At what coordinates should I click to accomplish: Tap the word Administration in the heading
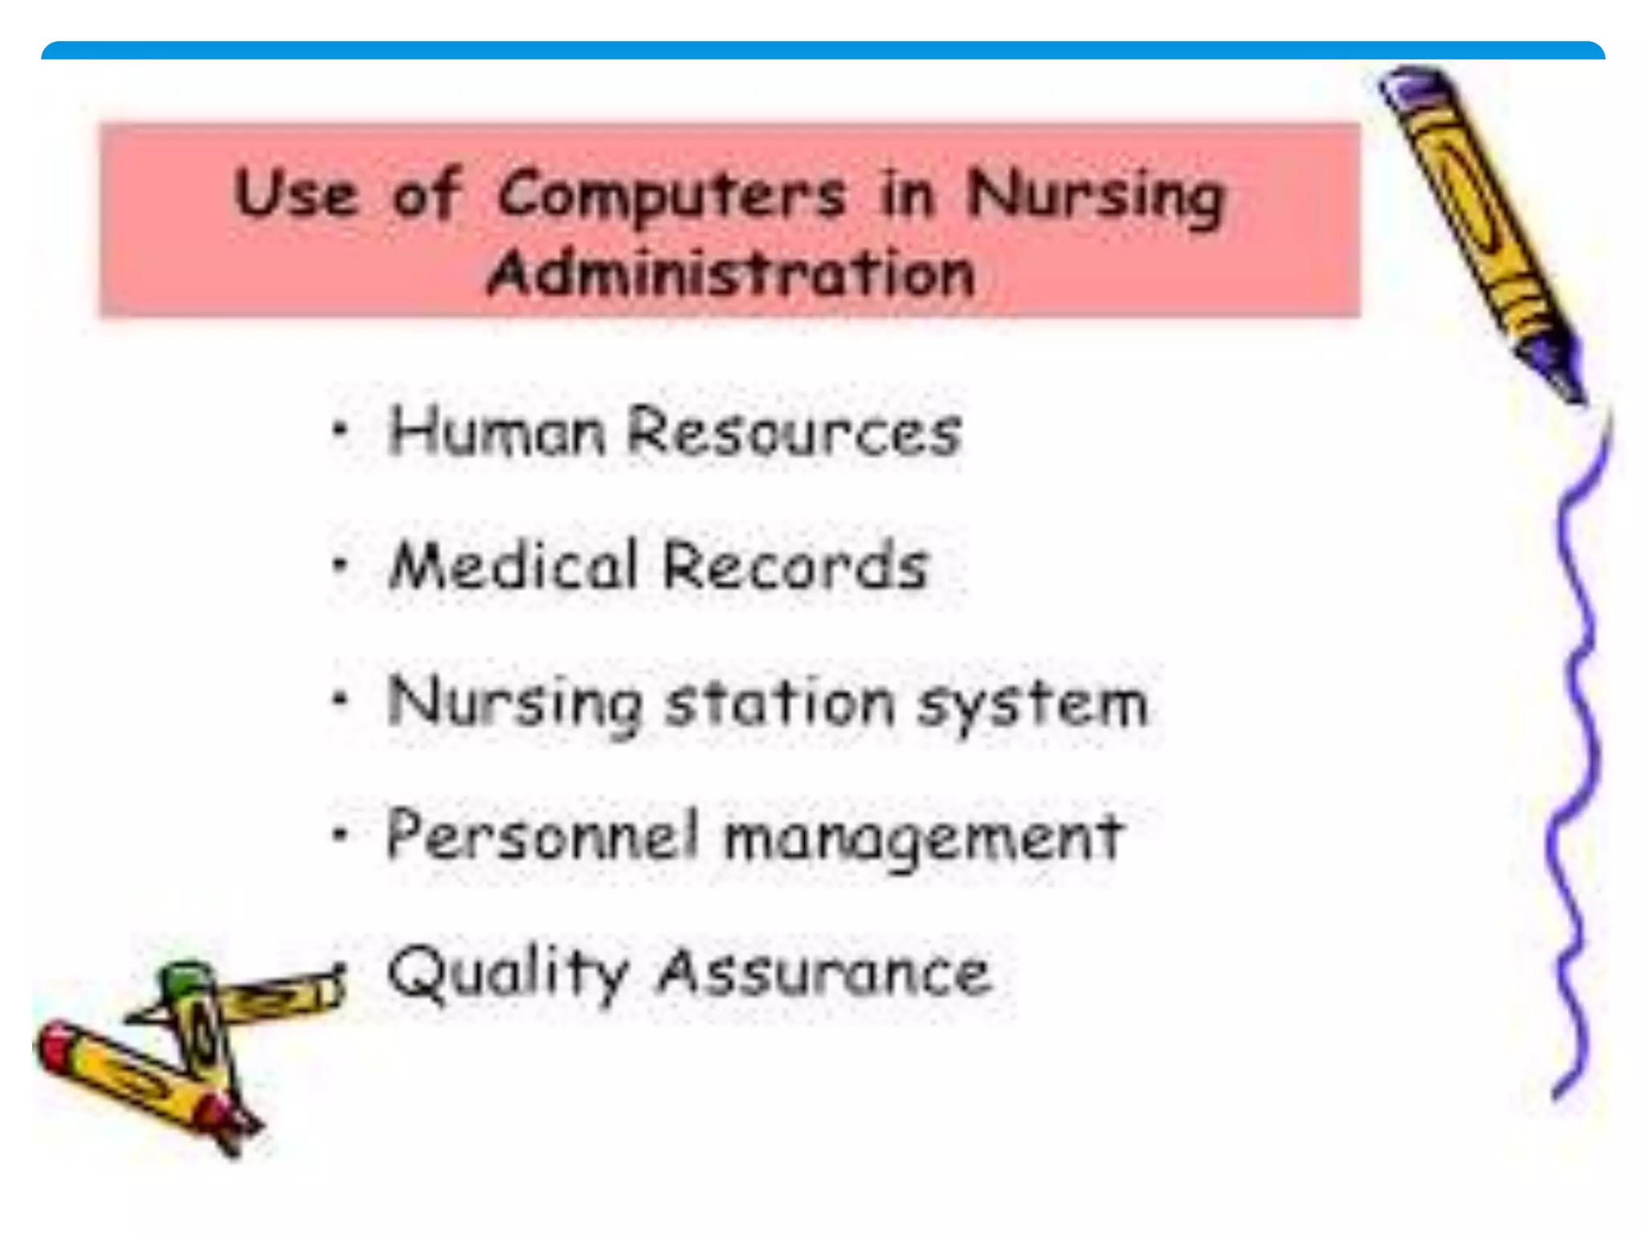coord(731,274)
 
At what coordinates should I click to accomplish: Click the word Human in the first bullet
coord(496,431)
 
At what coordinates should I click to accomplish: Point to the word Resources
coord(794,431)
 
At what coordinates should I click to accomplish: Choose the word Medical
coord(513,566)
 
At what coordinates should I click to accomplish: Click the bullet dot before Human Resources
coord(341,430)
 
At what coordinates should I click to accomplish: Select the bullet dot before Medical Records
coord(341,565)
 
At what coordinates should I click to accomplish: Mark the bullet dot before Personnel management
coord(341,835)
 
